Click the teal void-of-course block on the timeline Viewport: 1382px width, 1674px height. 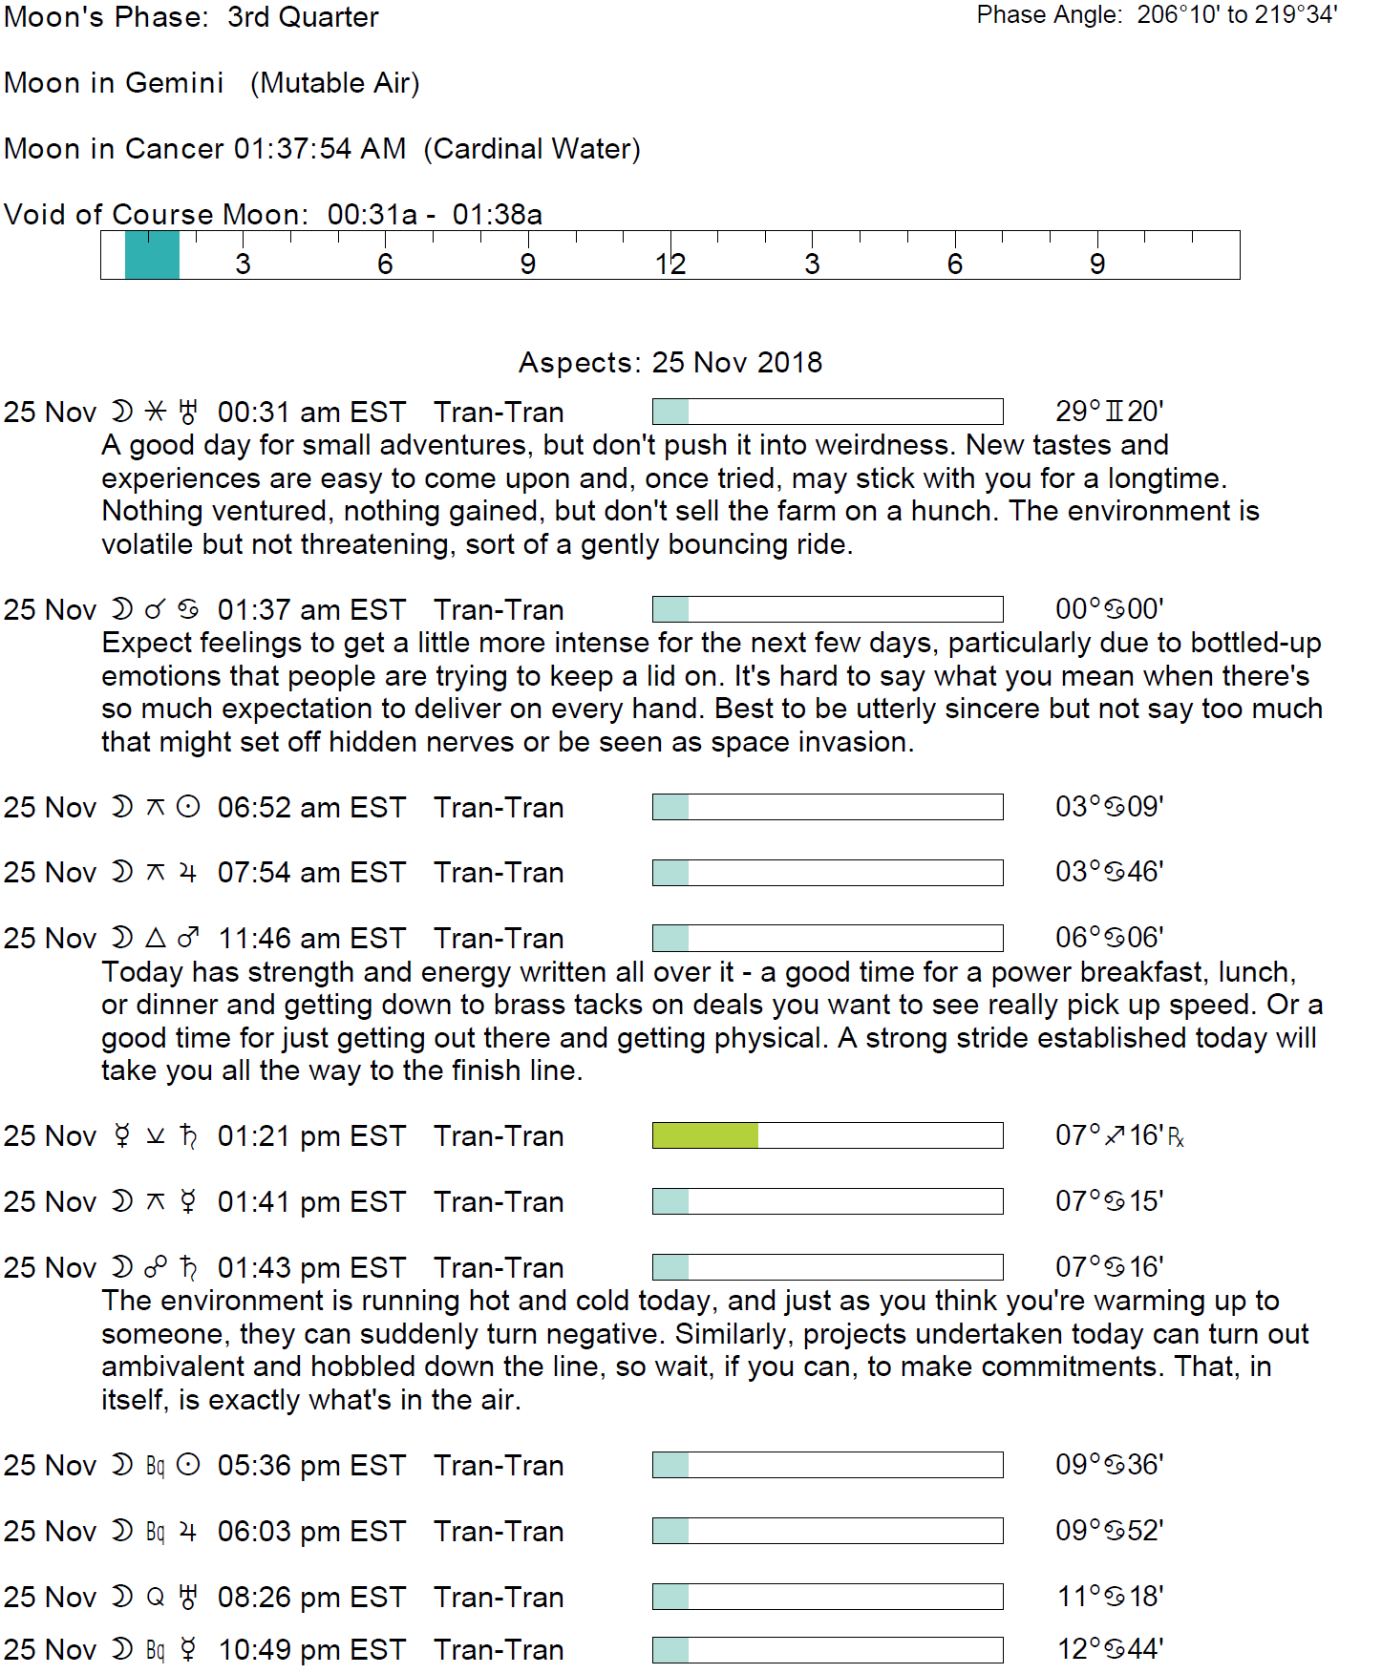152,255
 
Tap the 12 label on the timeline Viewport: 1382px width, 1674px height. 670,265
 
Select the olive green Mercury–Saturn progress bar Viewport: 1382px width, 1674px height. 705,1135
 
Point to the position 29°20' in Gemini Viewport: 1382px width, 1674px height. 1109,412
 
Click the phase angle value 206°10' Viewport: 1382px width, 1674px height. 1178,14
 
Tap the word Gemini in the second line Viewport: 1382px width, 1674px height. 174,83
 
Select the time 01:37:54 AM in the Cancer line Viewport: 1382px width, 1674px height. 320,149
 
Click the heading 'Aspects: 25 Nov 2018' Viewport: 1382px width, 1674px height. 670,363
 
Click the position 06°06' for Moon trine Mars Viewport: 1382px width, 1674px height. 1109,938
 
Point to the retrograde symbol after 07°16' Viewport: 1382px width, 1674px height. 1176,1137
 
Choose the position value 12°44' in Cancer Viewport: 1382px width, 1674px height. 1109,1649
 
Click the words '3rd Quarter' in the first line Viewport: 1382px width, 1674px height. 303,17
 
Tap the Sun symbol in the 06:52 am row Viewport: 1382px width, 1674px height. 189,808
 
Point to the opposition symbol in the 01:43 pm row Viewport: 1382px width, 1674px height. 155,1268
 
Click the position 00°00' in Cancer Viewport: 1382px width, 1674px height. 1109,609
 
